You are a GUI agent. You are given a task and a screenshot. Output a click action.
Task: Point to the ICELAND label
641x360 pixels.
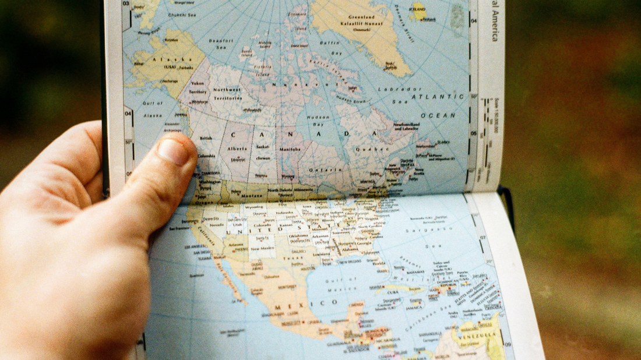pos(417,9)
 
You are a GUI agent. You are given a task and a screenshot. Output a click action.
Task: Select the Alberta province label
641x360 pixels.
pos(237,149)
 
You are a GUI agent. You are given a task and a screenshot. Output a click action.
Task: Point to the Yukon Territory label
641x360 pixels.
pos(198,87)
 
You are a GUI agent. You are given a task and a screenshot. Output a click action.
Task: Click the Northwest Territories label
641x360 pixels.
pos(226,94)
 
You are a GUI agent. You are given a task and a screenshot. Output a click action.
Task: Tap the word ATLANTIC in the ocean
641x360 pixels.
pos(438,97)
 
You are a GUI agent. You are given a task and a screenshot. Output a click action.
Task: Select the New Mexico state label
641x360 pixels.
pos(262,248)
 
